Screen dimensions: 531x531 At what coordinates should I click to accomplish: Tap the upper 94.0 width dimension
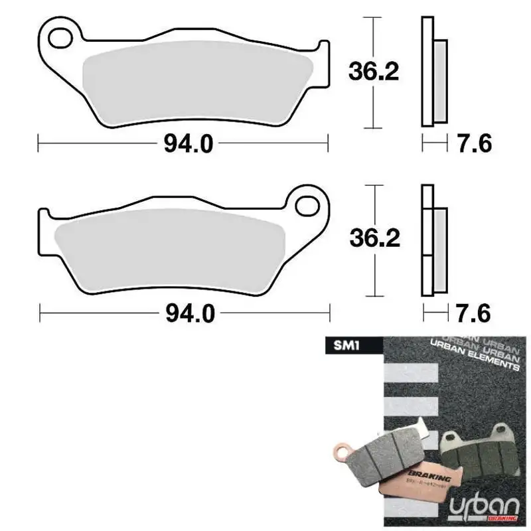[184, 143]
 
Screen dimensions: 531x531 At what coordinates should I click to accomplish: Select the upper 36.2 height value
[374, 71]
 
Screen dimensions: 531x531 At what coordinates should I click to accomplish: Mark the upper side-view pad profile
[433, 72]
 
